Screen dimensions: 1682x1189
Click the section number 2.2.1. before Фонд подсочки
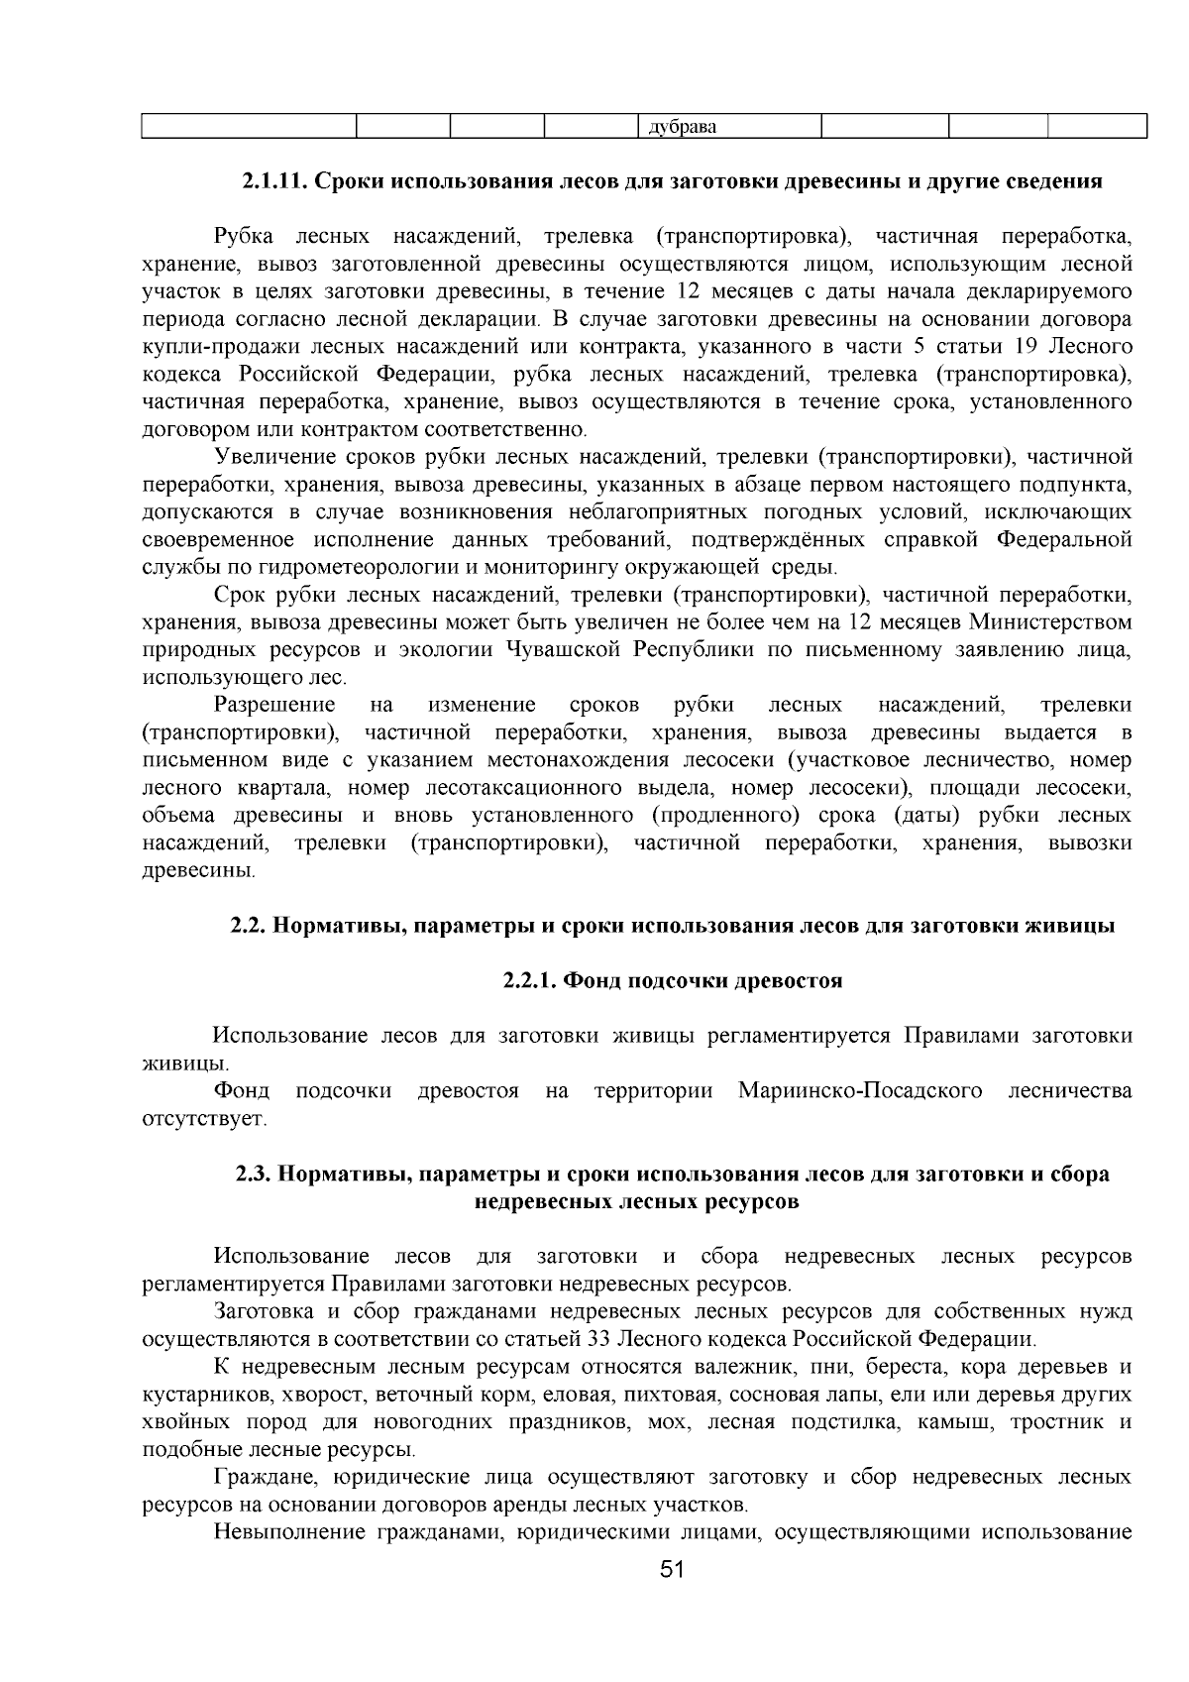pyautogui.click(x=532, y=981)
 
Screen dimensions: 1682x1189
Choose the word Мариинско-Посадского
pyautogui.click(x=860, y=1091)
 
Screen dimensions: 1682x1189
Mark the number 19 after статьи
pyautogui.click(x=1023, y=347)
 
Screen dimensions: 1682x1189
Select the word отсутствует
pyautogui.click(x=203, y=1119)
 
